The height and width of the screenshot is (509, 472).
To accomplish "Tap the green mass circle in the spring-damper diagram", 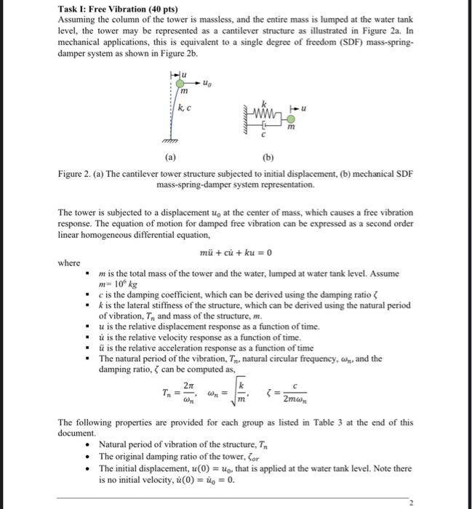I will click(291, 119).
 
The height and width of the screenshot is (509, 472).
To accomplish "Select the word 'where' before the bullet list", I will click(70, 262).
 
